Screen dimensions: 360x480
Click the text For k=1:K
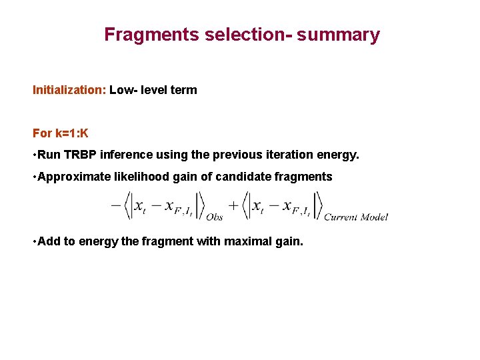coord(61,133)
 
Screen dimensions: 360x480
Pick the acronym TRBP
coord(81,155)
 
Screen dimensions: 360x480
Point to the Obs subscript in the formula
coord(215,217)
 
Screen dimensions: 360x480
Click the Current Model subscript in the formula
coord(355,217)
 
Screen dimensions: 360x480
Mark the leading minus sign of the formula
coord(115,206)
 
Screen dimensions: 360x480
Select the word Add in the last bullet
coord(49,241)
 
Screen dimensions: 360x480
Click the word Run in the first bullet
coord(49,155)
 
